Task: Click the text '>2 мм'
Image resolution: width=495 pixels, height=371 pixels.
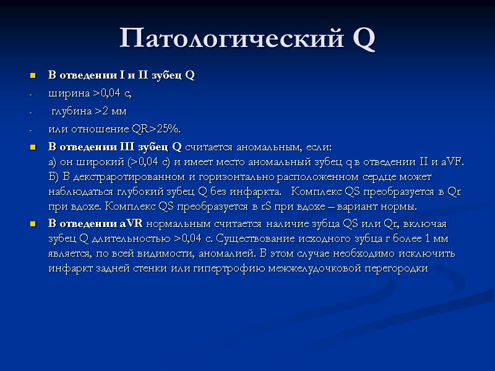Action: coord(112,111)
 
